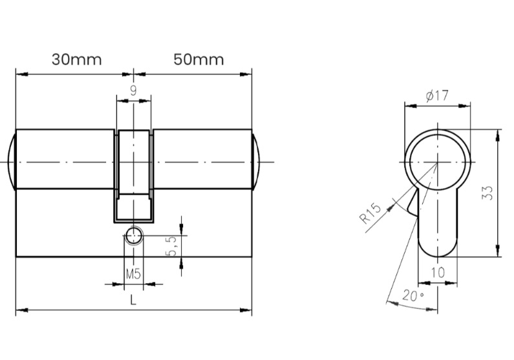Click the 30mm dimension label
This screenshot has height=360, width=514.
77,59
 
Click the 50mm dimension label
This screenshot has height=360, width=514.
198,59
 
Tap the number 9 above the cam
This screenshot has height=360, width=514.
133,90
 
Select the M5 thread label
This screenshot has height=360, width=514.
133,273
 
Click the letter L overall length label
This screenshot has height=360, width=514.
133,300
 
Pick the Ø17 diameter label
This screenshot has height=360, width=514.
437,96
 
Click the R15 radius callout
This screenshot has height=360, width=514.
370,213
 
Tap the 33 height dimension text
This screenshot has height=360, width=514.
487,193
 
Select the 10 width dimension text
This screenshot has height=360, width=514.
438,272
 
